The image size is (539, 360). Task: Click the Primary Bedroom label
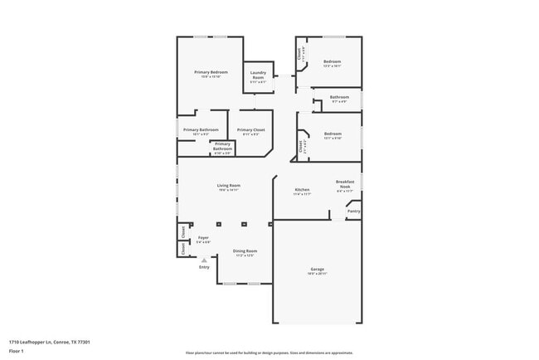211,72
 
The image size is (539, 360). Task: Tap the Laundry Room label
258,73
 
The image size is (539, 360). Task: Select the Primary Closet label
250,129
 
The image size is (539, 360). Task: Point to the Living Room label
229,185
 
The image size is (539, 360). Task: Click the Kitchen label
303,190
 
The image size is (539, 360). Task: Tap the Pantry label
353,211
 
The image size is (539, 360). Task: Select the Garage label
318,269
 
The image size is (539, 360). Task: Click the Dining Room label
245,251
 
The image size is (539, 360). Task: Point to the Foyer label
203,237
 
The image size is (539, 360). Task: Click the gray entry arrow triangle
204,260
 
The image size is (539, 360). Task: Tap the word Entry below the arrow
204,267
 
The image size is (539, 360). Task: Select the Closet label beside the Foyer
182,246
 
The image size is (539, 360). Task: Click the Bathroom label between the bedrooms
339,97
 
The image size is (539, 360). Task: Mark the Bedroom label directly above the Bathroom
333,61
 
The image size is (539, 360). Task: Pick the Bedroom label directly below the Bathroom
333,133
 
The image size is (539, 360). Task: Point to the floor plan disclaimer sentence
269,352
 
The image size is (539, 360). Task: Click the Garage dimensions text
318,274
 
